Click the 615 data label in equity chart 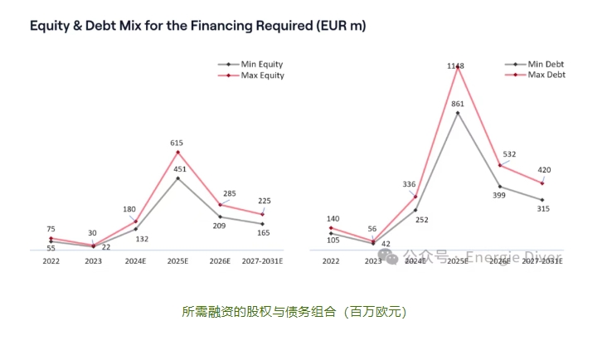(x=176, y=143)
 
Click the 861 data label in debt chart (x=457, y=104)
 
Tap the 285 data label (x=230, y=193)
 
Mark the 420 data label (x=545, y=170)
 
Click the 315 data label (x=543, y=209)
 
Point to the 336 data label (x=409, y=184)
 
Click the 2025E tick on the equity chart (x=177, y=260)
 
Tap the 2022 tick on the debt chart (x=330, y=260)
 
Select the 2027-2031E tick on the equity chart (x=262, y=260)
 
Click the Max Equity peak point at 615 (x=177, y=152)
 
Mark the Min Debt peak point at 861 (x=457, y=113)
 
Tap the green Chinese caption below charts (x=294, y=312)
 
